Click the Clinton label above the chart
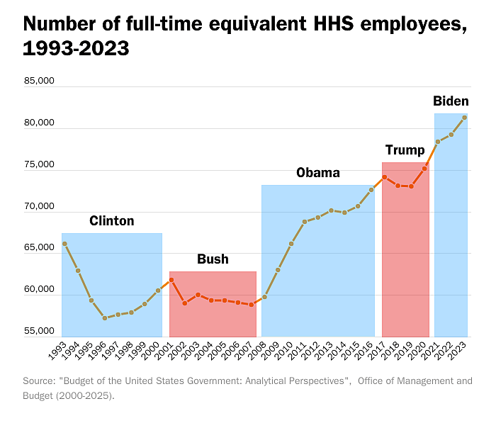pyautogui.click(x=111, y=221)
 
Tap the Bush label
pyautogui.click(x=213, y=259)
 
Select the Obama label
pyautogui.click(x=317, y=173)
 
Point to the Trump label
pyautogui.click(x=405, y=150)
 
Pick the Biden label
pyautogui.click(x=450, y=101)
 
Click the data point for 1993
pyautogui.click(x=64, y=244)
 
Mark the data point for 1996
pyautogui.click(x=105, y=318)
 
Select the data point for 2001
pyautogui.click(x=171, y=280)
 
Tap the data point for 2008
pyautogui.click(x=264, y=297)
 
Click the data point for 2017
pyautogui.click(x=384, y=177)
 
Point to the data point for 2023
pyautogui.click(x=464, y=118)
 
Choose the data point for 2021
pyautogui.click(x=438, y=142)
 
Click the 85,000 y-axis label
pyautogui.click(x=39, y=81)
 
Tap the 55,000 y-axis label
pyautogui.click(x=39, y=332)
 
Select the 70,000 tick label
pyautogui.click(x=39, y=207)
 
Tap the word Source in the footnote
pyautogui.click(x=39, y=381)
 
